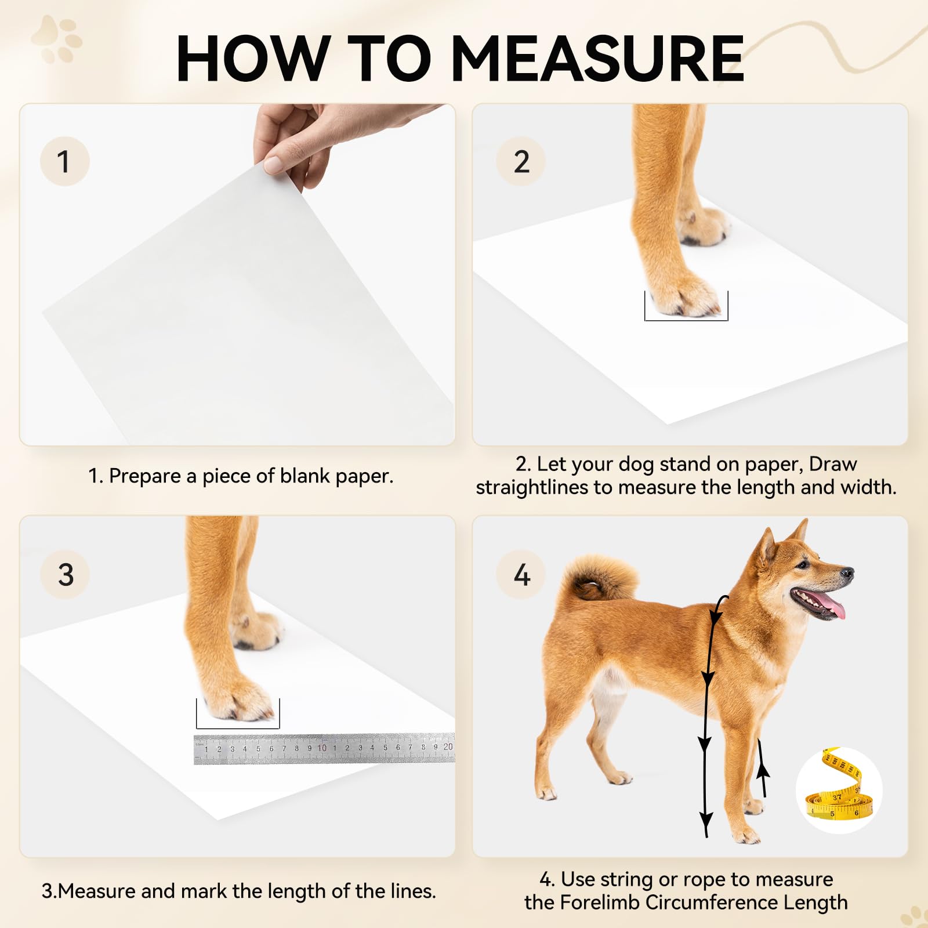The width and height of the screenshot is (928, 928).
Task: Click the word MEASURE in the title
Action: tap(597, 59)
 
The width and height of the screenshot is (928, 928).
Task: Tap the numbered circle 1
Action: tap(64, 161)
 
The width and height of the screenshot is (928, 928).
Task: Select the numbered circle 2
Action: tap(521, 161)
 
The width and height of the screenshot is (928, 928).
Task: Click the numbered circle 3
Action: tap(65, 574)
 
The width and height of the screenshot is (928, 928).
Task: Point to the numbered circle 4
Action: tap(521, 574)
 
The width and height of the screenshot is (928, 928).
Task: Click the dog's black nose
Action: tap(848, 574)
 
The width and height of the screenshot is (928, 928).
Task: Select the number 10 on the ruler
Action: tap(322, 748)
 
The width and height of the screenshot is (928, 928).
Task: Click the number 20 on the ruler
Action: tap(448, 746)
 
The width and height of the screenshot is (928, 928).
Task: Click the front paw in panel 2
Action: tap(687, 296)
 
